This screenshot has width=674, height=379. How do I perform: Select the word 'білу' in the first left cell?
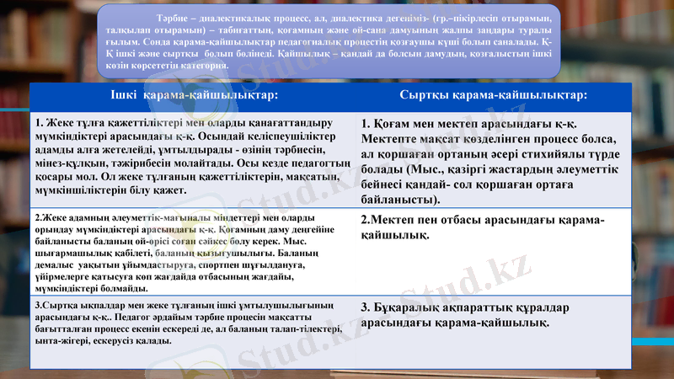(120, 190)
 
